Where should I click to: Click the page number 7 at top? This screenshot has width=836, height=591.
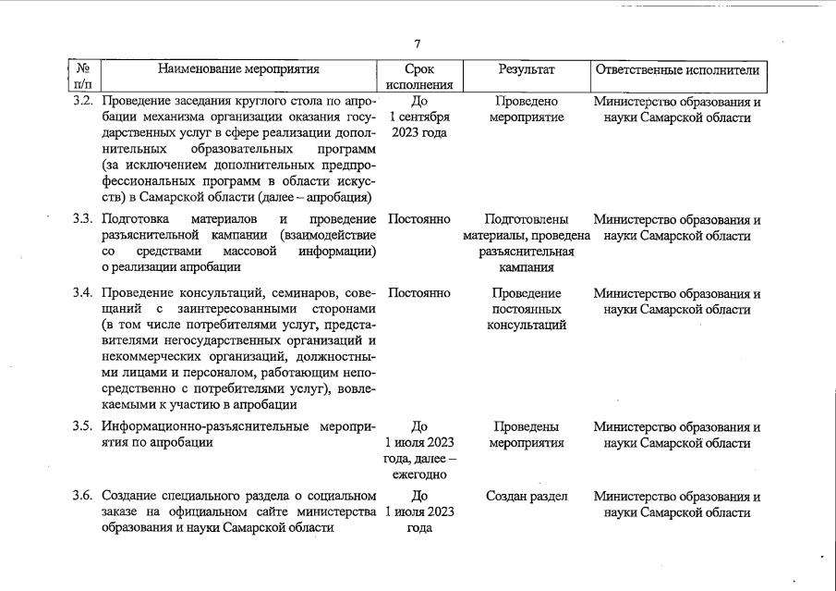coord(418,43)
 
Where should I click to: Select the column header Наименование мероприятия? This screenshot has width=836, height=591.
coord(238,68)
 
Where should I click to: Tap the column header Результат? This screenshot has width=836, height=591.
coord(527,68)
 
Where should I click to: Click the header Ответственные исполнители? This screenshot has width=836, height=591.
coord(678,68)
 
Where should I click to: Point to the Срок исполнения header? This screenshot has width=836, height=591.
coord(419,77)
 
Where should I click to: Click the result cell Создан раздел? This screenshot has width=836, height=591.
coord(527,496)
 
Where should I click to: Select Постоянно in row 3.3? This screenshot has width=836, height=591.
coord(419,220)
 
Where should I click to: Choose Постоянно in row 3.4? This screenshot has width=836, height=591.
coord(419,293)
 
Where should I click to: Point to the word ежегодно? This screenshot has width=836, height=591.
coord(419,474)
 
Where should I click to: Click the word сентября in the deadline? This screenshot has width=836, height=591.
coord(424,117)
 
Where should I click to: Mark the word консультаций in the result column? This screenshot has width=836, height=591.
coord(527,325)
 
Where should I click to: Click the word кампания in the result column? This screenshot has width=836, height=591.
coord(527,267)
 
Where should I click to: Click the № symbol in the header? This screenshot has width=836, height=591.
coord(83,68)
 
